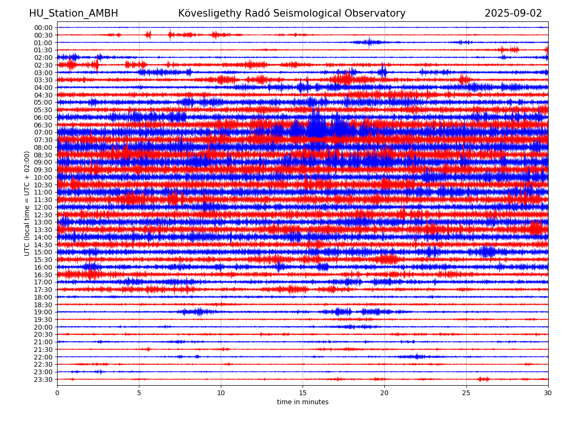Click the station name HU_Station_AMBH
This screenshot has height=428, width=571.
coord(73,13)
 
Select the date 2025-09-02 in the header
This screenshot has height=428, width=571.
coord(513,13)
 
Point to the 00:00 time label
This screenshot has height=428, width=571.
coord(43,28)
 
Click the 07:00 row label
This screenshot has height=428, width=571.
coord(43,133)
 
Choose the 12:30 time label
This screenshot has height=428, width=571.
coord(43,215)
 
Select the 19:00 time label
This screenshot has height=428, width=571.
coord(43,312)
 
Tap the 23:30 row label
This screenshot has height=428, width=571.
coord(43,379)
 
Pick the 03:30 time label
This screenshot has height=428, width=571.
coord(43,80)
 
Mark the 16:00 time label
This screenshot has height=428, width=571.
coord(43,267)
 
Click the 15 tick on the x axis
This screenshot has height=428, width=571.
coord(303,393)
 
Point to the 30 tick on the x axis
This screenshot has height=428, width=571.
coord(548,393)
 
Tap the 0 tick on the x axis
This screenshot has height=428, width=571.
coord(57,393)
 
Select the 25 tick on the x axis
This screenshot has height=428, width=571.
coord(466,393)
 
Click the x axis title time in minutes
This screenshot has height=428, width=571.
coord(303,402)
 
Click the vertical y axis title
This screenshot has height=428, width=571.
coord(27,204)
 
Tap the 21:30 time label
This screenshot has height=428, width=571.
coord(43,350)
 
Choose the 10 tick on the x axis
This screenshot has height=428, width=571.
coord(221,393)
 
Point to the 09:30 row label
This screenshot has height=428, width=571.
coord(43,170)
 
